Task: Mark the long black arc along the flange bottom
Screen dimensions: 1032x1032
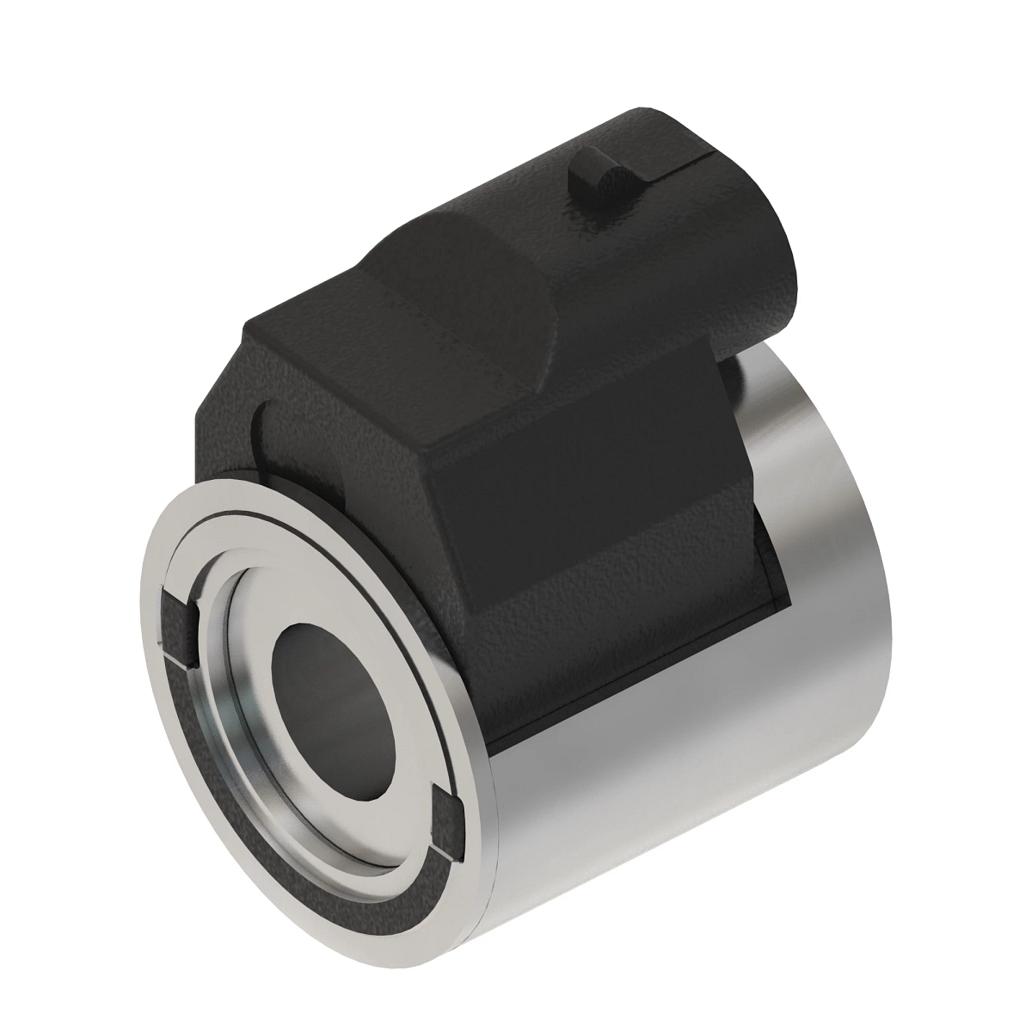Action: pos(284,817)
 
